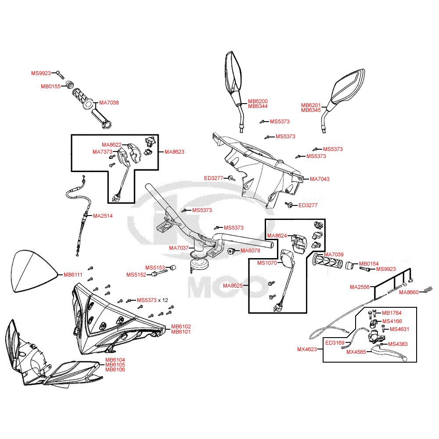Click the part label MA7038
tap(109, 103)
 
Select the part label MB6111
tap(73, 275)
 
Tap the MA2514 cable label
tap(102, 216)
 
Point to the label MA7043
tap(320, 179)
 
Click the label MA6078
tap(250, 251)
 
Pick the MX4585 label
tap(356, 352)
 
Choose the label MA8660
tap(409, 292)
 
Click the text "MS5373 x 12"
tap(152, 300)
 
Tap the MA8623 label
tap(174, 152)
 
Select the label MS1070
tap(267, 263)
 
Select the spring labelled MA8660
tap(430, 290)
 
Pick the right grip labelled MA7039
tap(327, 263)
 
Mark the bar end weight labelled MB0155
tap(69, 85)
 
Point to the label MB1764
tap(392, 313)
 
